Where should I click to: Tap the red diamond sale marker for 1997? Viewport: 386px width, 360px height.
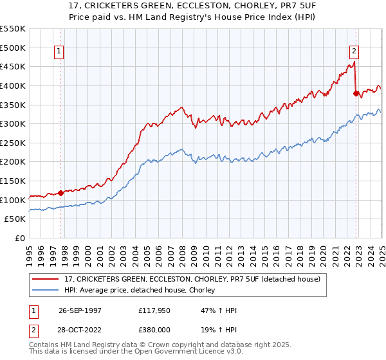pyautogui.click(x=60, y=192)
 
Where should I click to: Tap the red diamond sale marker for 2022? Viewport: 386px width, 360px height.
pyautogui.click(x=356, y=93)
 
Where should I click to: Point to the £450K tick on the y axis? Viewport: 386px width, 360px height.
pyautogui.click(x=13, y=66)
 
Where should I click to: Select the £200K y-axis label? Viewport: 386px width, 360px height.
pyautogui.click(x=13, y=162)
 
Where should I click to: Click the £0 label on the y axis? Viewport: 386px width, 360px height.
pyautogui.click(x=19, y=239)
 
